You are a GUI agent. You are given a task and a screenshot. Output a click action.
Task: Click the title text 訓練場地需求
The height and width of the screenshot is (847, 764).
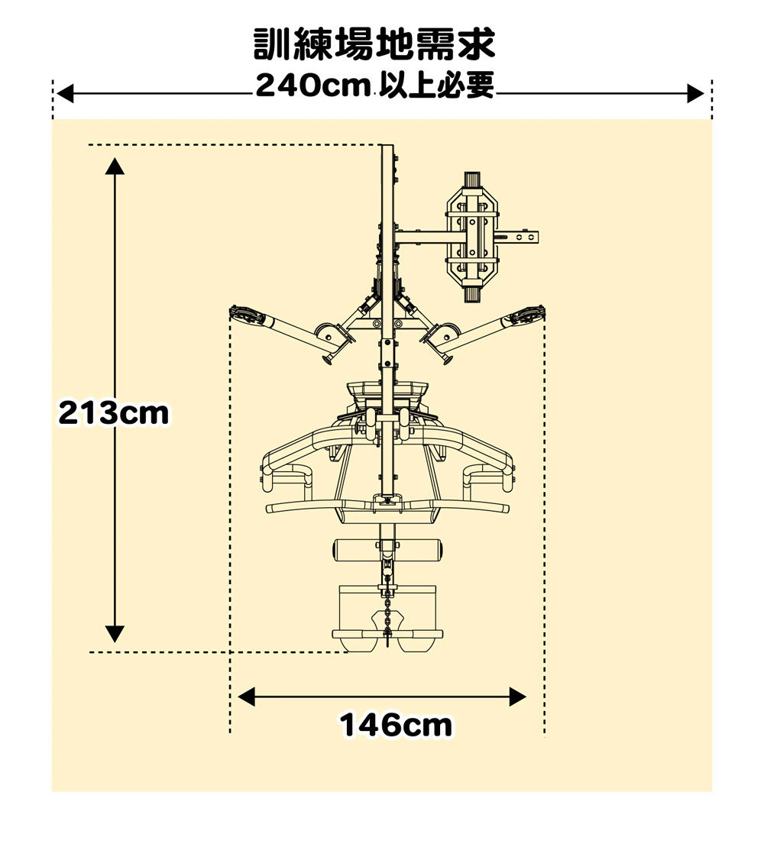pyautogui.click(x=374, y=44)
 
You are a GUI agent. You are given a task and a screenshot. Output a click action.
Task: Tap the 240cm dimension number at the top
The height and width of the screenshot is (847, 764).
pyautogui.click(x=312, y=86)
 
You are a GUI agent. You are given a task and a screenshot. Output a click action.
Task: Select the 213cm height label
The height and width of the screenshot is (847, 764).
pyautogui.click(x=114, y=413)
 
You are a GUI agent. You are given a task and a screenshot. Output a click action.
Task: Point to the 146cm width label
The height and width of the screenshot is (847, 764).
pyautogui.click(x=396, y=725)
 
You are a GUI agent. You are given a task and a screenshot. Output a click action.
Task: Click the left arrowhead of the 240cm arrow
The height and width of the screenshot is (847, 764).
pyautogui.click(x=64, y=93)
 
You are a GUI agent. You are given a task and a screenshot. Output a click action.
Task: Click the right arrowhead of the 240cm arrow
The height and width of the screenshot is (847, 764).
pyautogui.click(x=695, y=93)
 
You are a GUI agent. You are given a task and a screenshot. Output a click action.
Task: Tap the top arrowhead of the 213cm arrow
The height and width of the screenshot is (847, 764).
pyautogui.click(x=115, y=165)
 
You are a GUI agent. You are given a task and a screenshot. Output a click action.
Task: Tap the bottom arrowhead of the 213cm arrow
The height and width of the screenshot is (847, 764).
pyautogui.click(x=115, y=634)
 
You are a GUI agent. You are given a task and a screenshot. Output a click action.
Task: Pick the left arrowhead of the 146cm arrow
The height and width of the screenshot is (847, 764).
pyautogui.click(x=246, y=697)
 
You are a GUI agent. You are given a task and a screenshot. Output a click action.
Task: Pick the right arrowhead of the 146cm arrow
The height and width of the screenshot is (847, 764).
pyautogui.click(x=518, y=697)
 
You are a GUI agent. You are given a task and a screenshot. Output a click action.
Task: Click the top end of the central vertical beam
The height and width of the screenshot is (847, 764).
pyautogui.click(x=387, y=146)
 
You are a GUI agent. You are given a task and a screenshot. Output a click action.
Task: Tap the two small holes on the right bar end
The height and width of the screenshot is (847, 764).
pyautogui.click(x=525, y=237)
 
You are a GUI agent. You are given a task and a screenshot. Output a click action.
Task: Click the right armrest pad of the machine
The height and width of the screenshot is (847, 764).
pyautogui.click(x=487, y=477)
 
